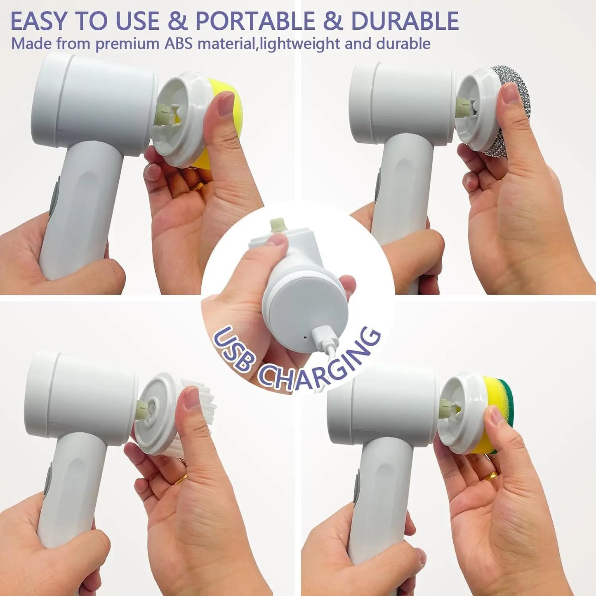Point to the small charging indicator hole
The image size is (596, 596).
click(305, 337)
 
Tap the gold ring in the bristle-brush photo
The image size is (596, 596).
click(181, 479)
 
